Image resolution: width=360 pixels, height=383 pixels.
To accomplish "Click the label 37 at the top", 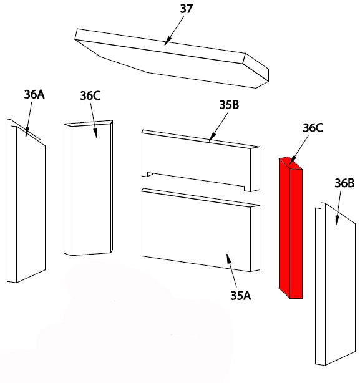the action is pos(187,9).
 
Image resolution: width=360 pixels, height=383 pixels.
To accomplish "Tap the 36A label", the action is pos(34,94).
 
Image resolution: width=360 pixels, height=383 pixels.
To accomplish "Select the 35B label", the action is pos(229,105).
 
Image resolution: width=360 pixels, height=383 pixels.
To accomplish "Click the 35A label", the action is pos(241,296).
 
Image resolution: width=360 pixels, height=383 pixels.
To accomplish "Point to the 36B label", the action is pos(344,183).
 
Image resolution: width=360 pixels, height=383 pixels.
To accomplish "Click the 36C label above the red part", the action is pos(313,128).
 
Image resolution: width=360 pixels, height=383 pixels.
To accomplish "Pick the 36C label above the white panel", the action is pos(90,95).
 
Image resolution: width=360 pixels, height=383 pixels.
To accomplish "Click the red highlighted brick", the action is pos(291,228).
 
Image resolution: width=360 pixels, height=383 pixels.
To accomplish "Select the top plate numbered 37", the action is pos(172,59).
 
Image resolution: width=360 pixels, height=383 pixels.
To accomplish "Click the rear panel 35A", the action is pos(200,230).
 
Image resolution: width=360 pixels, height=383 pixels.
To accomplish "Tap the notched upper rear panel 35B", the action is pos(200,160).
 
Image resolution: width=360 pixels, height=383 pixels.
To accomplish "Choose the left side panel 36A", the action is pos(26,201).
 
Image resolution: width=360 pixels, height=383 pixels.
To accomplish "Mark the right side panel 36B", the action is pos(335,284).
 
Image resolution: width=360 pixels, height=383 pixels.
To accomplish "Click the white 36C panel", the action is pos(88,188).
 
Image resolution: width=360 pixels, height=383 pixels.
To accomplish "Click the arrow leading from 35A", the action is pos(231,270).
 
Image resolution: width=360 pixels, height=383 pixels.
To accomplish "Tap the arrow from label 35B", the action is pos(218,127).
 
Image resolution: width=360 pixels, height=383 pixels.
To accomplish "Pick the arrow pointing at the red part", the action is pos(298,150).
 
